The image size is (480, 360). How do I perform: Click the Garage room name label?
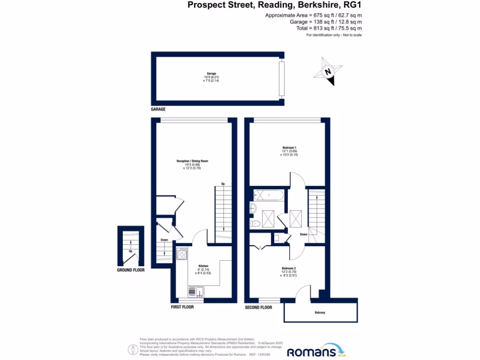pos(211,74)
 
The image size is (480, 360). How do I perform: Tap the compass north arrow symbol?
pos(328,71)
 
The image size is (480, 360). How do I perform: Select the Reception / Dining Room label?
pos(192,161)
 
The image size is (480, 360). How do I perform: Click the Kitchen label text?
pos(203,266)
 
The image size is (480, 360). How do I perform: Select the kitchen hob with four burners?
pos(182,254)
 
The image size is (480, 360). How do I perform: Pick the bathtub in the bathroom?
pos(268,195)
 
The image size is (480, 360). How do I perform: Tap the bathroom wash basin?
pos(254,209)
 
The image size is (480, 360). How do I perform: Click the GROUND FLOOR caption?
pos(131,270)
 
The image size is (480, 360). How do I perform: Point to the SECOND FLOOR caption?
pos(258,307)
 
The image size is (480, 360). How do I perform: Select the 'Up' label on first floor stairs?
pos(223,184)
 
